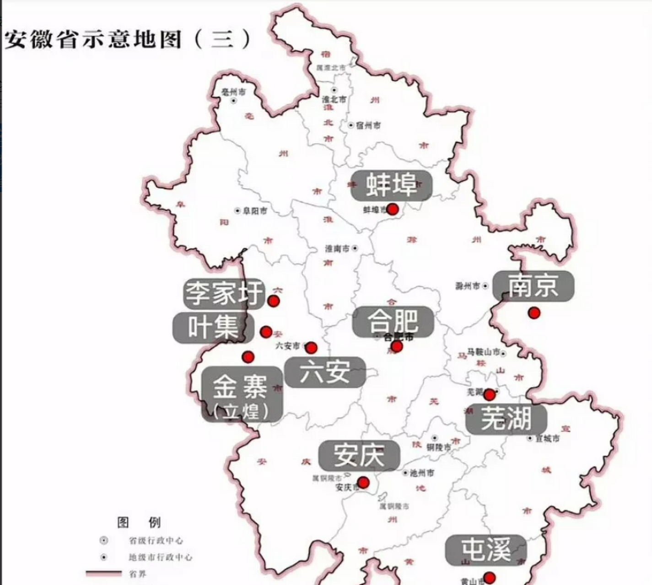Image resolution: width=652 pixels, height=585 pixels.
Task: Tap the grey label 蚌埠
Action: click(x=391, y=186)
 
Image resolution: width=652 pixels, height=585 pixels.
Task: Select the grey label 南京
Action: click(x=533, y=286)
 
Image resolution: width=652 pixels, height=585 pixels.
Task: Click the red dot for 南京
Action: click(x=534, y=313)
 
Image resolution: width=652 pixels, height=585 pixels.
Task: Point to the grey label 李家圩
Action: click(x=224, y=293)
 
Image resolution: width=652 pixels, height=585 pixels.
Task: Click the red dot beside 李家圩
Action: click(x=274, y=301)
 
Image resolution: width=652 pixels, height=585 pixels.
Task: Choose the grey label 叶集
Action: click(x=213, y=328)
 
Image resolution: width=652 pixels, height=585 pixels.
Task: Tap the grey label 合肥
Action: click(x=393, y=321)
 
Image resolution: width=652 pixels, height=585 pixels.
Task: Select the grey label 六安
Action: click(x=325, y=372)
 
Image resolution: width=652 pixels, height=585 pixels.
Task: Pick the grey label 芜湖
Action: click(x=506, y=419)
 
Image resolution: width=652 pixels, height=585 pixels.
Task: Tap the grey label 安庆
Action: click(x=359, y=456)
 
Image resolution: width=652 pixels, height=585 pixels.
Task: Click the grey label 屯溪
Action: click(x=486, y=550)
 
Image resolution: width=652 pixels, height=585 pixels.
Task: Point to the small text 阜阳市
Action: click(x=255, y=211)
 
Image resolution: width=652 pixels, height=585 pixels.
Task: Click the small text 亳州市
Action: click(x=233, y=92)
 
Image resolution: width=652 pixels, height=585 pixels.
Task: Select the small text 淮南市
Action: click(x=337, y=249)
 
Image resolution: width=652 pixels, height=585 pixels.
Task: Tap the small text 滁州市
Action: click(x=468, y=286)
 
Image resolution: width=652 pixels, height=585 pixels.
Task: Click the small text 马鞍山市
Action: click(x=483, y=352)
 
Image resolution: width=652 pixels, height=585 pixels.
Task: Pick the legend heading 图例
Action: click(x=139, y=522)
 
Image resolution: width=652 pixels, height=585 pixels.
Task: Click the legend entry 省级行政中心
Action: click(x=156, y=541)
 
